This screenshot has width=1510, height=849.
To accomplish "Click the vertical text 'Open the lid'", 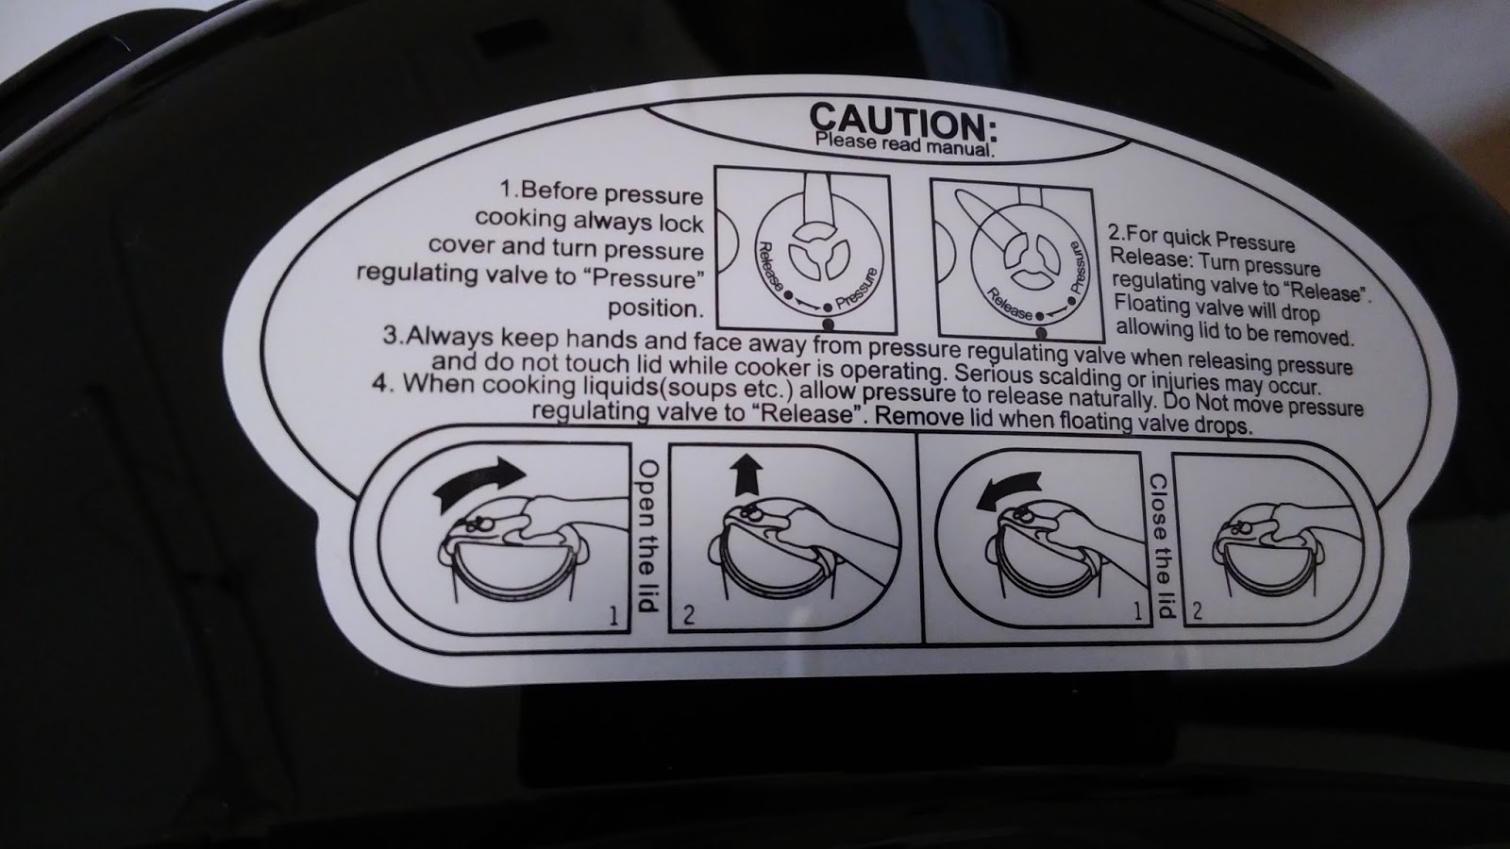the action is coord(647,536).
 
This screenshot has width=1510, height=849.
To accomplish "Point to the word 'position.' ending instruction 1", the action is coord(655,308).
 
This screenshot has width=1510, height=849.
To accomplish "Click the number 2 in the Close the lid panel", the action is coord(1198,610).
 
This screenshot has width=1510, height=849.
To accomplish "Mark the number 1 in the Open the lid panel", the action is coord(613,615).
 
